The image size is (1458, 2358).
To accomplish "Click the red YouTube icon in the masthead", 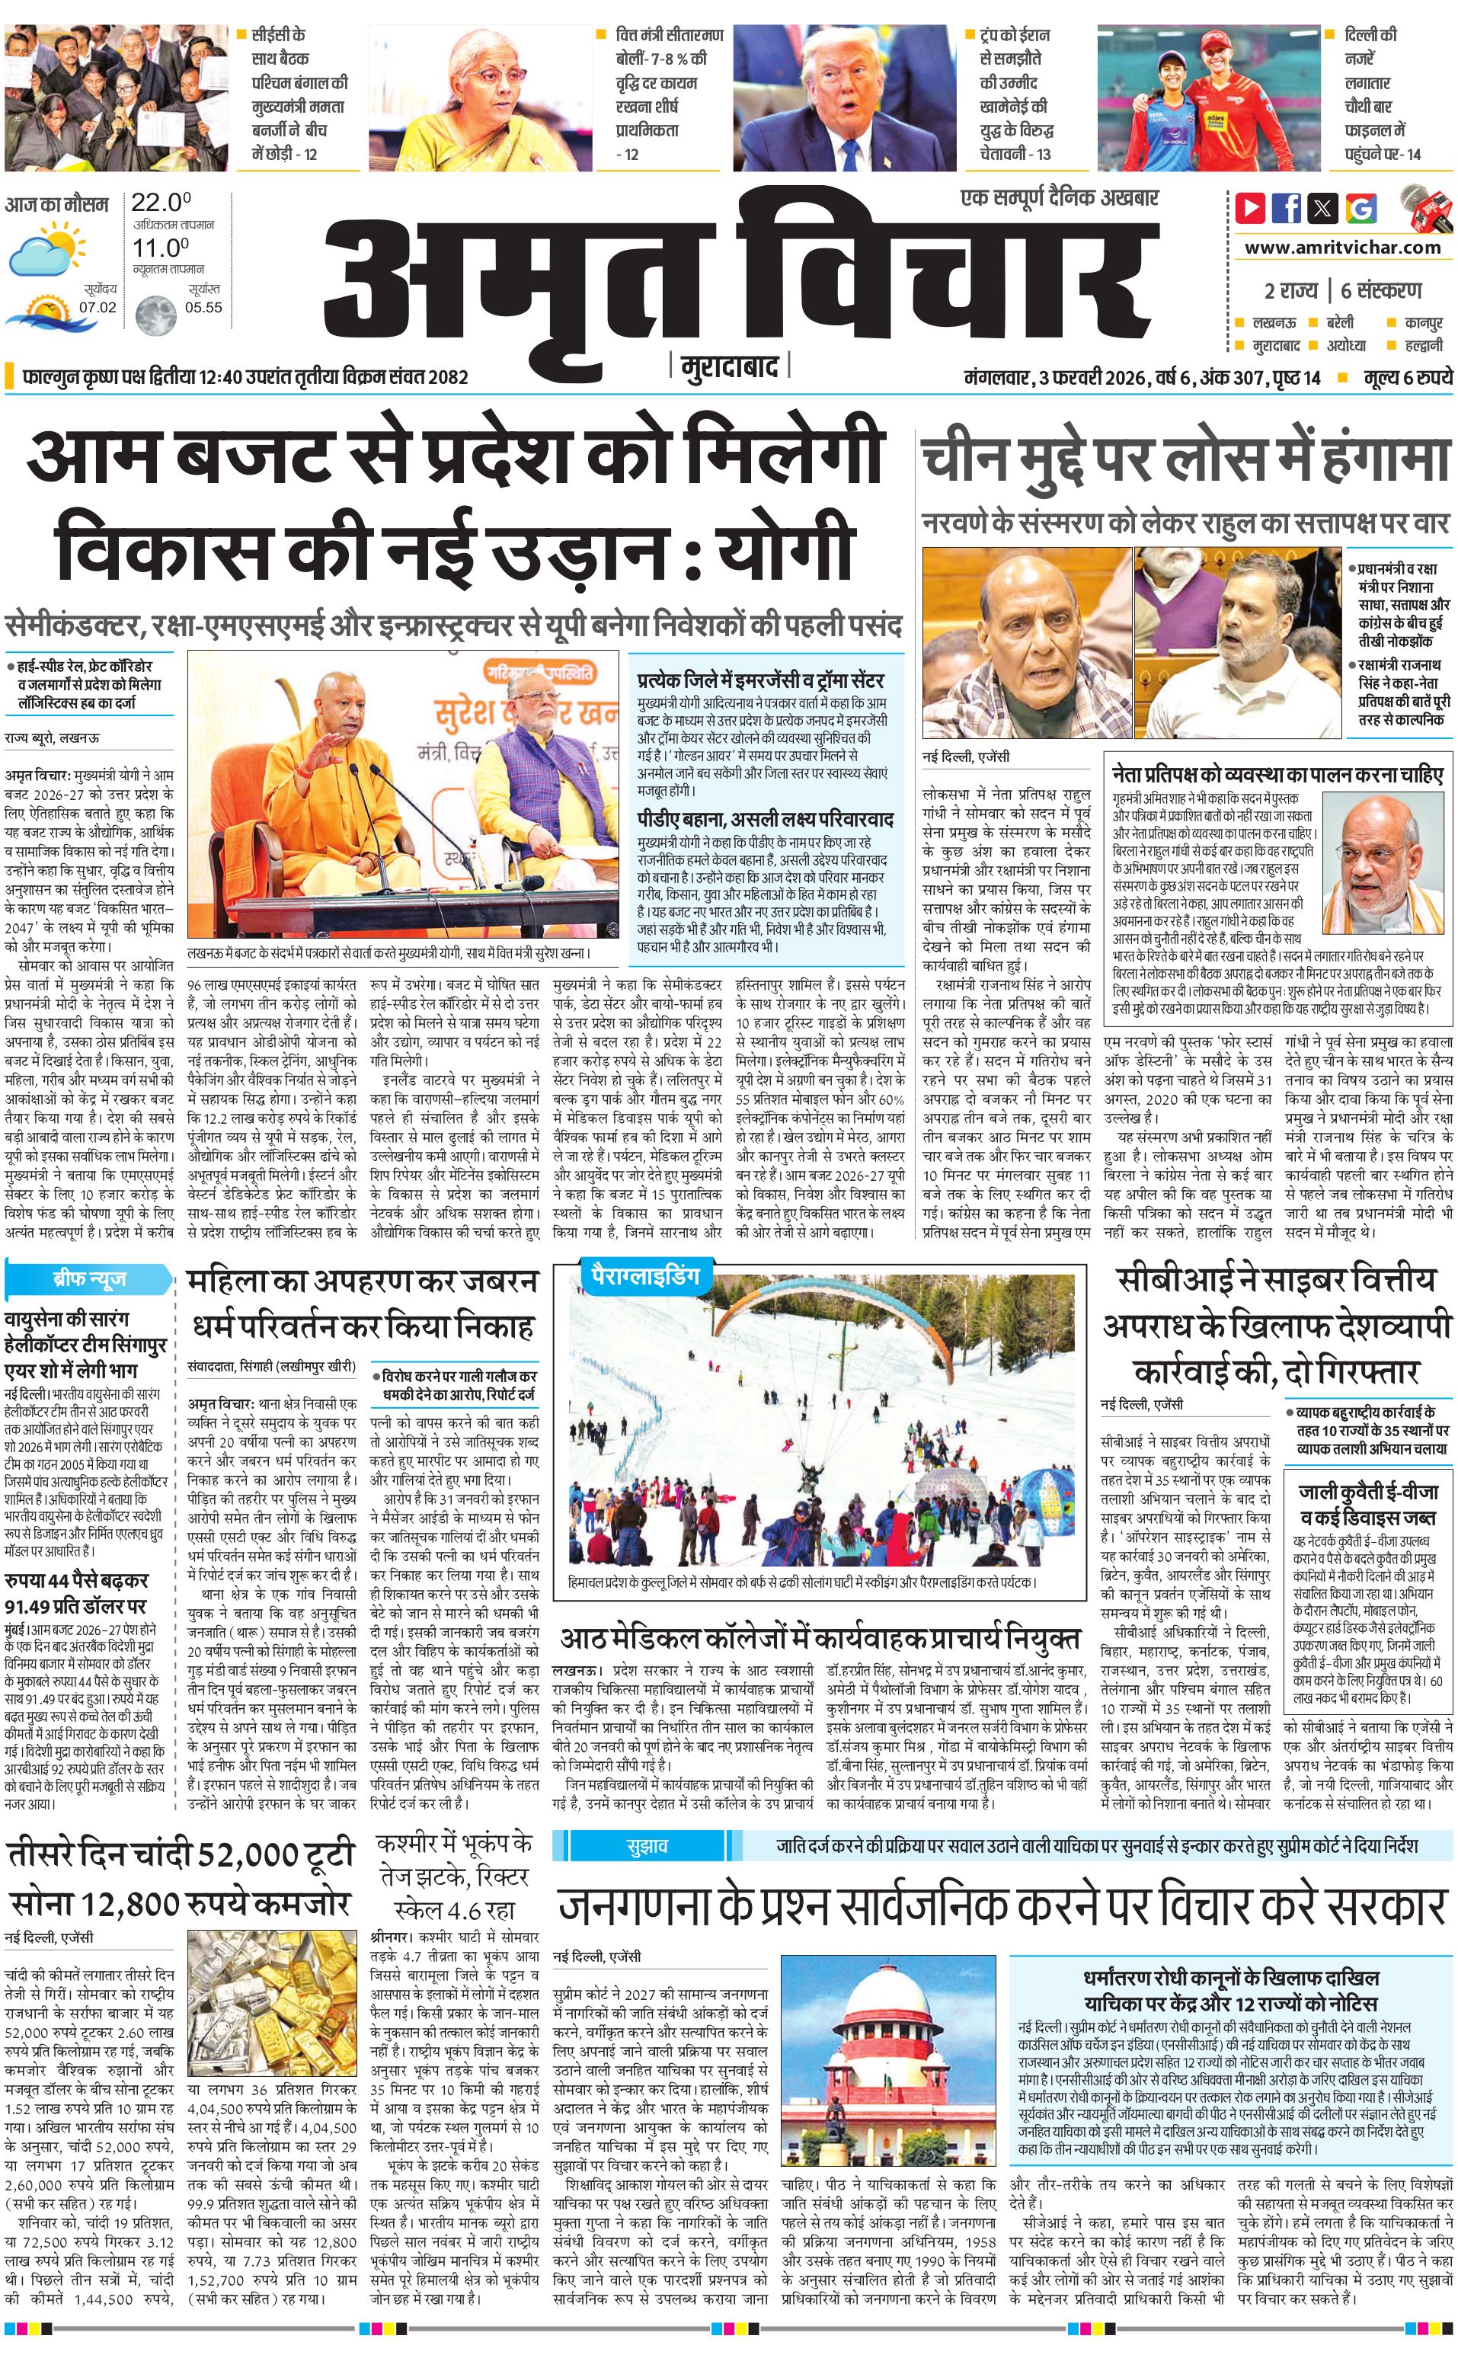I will point(1251,207).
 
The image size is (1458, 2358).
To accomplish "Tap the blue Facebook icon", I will point(1287,207).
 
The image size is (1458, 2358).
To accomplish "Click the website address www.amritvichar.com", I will point(1341,247).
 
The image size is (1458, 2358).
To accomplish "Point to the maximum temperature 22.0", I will point(160,203).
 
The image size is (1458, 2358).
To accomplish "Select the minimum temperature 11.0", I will point(160,248).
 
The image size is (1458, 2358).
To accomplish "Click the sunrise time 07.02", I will point(98,308).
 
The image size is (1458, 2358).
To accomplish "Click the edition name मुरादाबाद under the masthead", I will point(728,367).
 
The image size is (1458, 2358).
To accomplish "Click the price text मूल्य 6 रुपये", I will point(1407,377).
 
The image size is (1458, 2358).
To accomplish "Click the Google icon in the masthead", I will point(1360,207).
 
